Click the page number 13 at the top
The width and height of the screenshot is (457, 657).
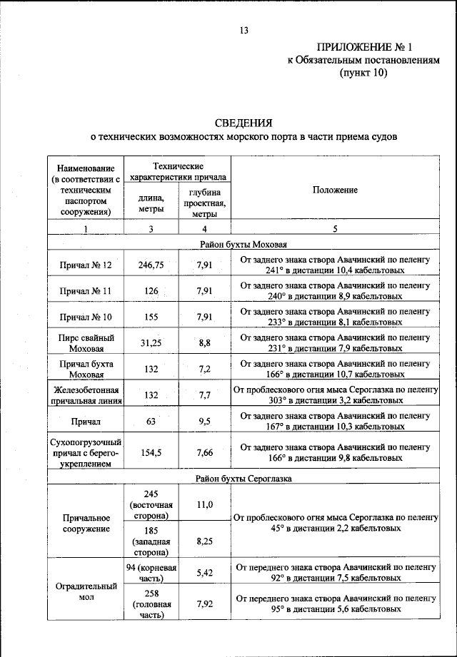click(243, 29)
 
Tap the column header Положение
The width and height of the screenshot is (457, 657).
click(335, 190)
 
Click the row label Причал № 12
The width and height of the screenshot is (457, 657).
click(86, 265)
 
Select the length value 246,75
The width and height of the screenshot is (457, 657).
click(151, 265)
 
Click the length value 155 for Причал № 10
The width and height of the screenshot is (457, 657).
click(151, 317)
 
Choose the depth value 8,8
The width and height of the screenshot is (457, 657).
click(205, 343)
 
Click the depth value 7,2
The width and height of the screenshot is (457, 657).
click(205, 370)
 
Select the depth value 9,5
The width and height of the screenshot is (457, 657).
click(205, 422)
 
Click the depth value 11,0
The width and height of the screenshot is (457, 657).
click(205, 504)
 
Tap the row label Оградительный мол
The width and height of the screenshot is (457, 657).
click(86, 592)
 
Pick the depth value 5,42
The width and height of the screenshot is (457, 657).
click(205, 572)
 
